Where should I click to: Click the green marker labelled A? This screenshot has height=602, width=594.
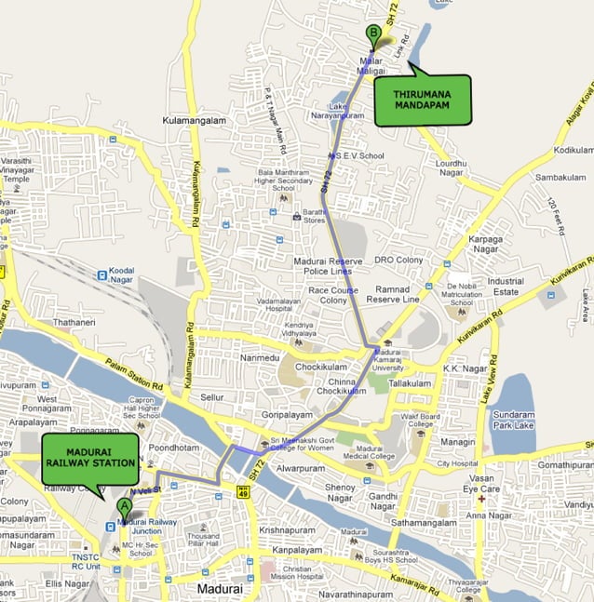(x=124, y=507)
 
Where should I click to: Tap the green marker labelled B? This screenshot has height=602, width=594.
(x=373, y=34)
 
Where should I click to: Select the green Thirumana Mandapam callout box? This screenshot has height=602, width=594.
(x=422, y=100)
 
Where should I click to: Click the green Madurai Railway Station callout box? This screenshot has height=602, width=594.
(x=89, y=459)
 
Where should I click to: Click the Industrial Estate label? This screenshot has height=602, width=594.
(x=506, y=286)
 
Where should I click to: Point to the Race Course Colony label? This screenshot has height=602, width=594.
(x=321, y=295)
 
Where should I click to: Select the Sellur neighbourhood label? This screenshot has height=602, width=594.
(x=212, y=397)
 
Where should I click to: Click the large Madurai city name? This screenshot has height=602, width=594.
(x=220, y=589)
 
